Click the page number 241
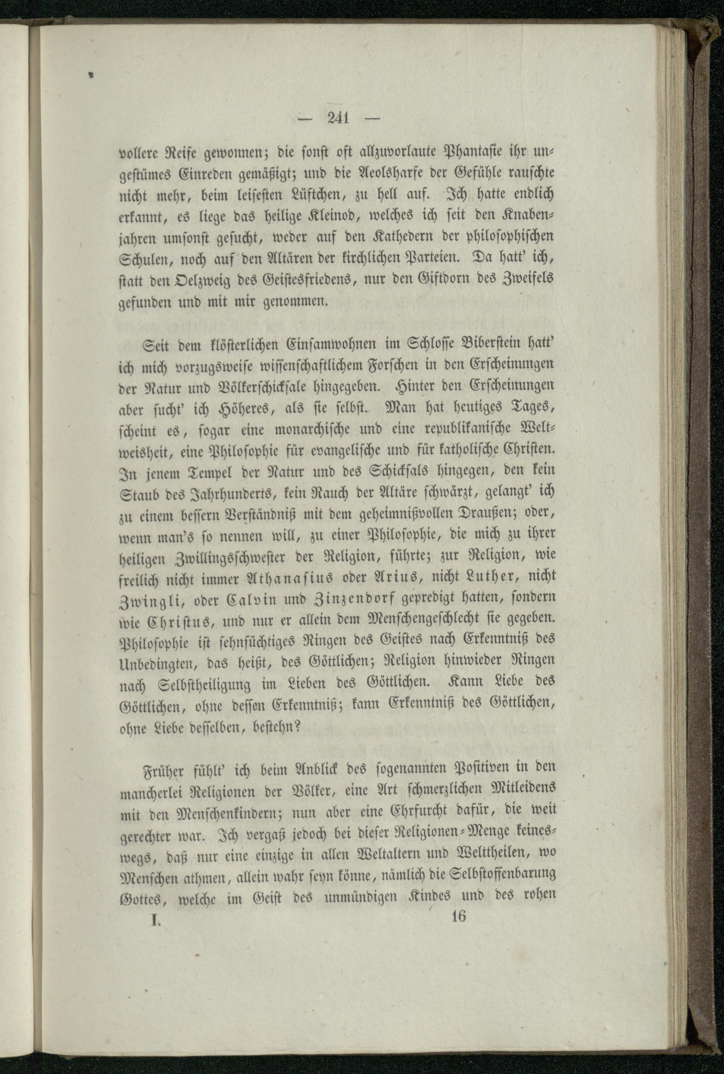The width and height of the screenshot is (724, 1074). (338, 119)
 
